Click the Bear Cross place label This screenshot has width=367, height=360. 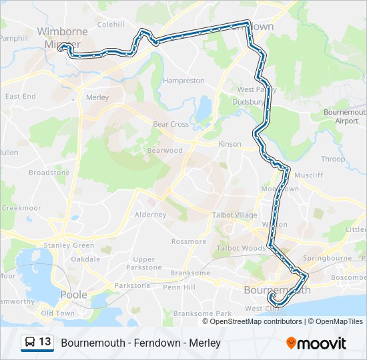click(171, 124)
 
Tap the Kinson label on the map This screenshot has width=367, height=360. click(230, 144)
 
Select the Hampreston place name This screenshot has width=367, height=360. click(183, 81)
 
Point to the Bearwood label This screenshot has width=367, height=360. click(165, 151)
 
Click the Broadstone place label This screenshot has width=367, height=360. click(49, 172)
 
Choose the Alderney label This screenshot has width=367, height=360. click(150, 215)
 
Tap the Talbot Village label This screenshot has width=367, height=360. click(234, 215)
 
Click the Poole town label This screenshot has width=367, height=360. click(73, 294)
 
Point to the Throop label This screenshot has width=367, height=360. click(333, 159)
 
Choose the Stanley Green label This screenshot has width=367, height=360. click(65, 245)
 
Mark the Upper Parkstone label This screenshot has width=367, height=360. click(144, 263)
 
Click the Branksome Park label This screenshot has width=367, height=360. click(202, 313)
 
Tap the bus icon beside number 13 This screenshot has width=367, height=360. click(30, 342)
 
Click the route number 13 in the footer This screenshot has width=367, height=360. click(45, 342)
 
